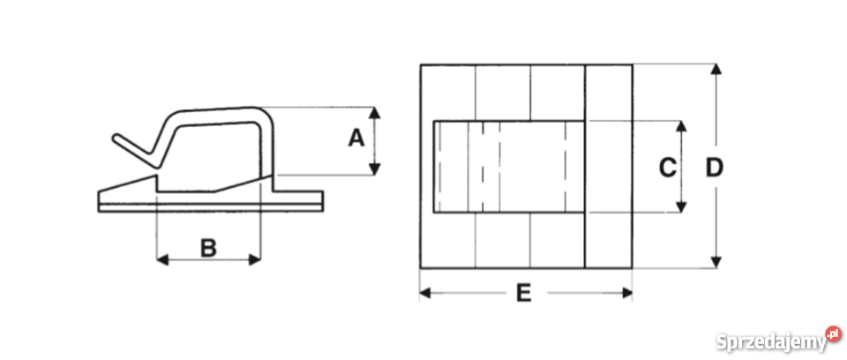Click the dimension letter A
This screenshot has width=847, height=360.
(356, 139)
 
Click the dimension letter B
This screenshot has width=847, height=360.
(208, 248)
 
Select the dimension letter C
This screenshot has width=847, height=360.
(668, 168)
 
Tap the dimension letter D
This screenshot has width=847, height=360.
(714, 169)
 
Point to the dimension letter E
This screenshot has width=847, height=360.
(523, 293)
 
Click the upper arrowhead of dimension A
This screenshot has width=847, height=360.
(374, 112)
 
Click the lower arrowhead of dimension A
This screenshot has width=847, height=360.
(374, 169)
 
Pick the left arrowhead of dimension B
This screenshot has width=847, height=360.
(162, 260)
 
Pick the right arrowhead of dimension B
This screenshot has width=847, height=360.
(254, 260)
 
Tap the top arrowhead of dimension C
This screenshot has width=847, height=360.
(681, 126)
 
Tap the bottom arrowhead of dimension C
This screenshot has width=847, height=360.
(681, 207)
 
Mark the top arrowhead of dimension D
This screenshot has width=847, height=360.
(716, 69)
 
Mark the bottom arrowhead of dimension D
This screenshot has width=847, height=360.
(716, 262)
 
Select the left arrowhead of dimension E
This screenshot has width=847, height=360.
(425, 293)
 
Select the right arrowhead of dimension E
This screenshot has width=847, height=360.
(626, 293)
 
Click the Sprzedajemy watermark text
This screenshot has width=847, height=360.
(771, 342)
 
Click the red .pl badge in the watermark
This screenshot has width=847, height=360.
(834, 334)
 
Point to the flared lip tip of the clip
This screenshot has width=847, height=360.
(116, 138)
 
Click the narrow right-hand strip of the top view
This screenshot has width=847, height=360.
(609, 167)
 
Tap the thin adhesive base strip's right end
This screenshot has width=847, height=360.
(323, 208)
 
